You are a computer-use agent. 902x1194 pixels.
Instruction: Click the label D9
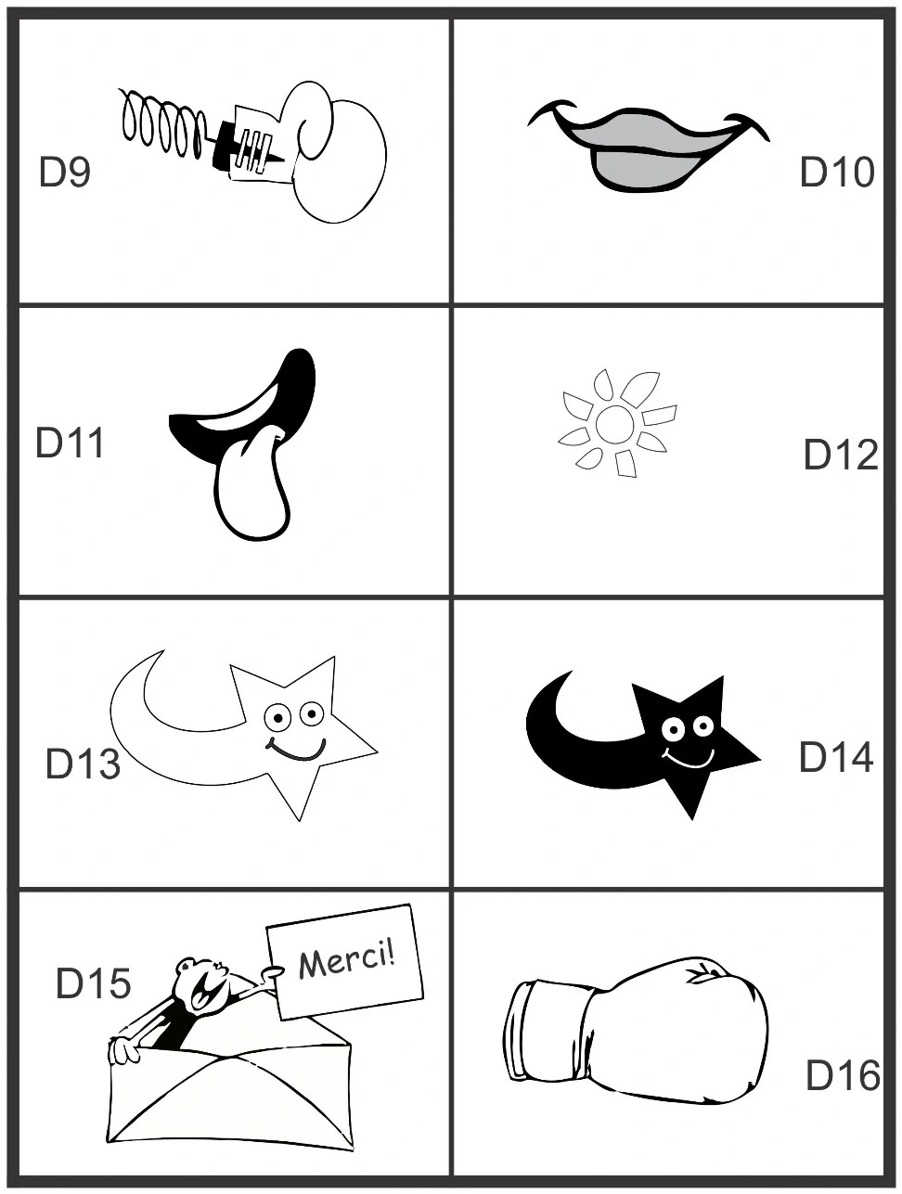(x=64, y=172)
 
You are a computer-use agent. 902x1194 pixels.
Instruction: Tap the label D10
(x=837, y=172)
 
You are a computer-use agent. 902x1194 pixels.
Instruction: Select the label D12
(x=841, y=455)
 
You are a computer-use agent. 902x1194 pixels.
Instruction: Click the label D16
(x=843, y=1075)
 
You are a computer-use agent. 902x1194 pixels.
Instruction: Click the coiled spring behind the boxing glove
(x=163, y=122)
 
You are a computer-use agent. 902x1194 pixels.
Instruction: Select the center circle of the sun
(x=614, y=424)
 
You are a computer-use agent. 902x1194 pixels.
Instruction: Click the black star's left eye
(x=673, y=730)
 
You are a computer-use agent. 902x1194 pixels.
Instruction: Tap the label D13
(x=83, y=764)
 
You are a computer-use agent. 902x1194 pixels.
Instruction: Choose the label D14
(x=836, y=757)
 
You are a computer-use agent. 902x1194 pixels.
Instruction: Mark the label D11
(x=70, y=443)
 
